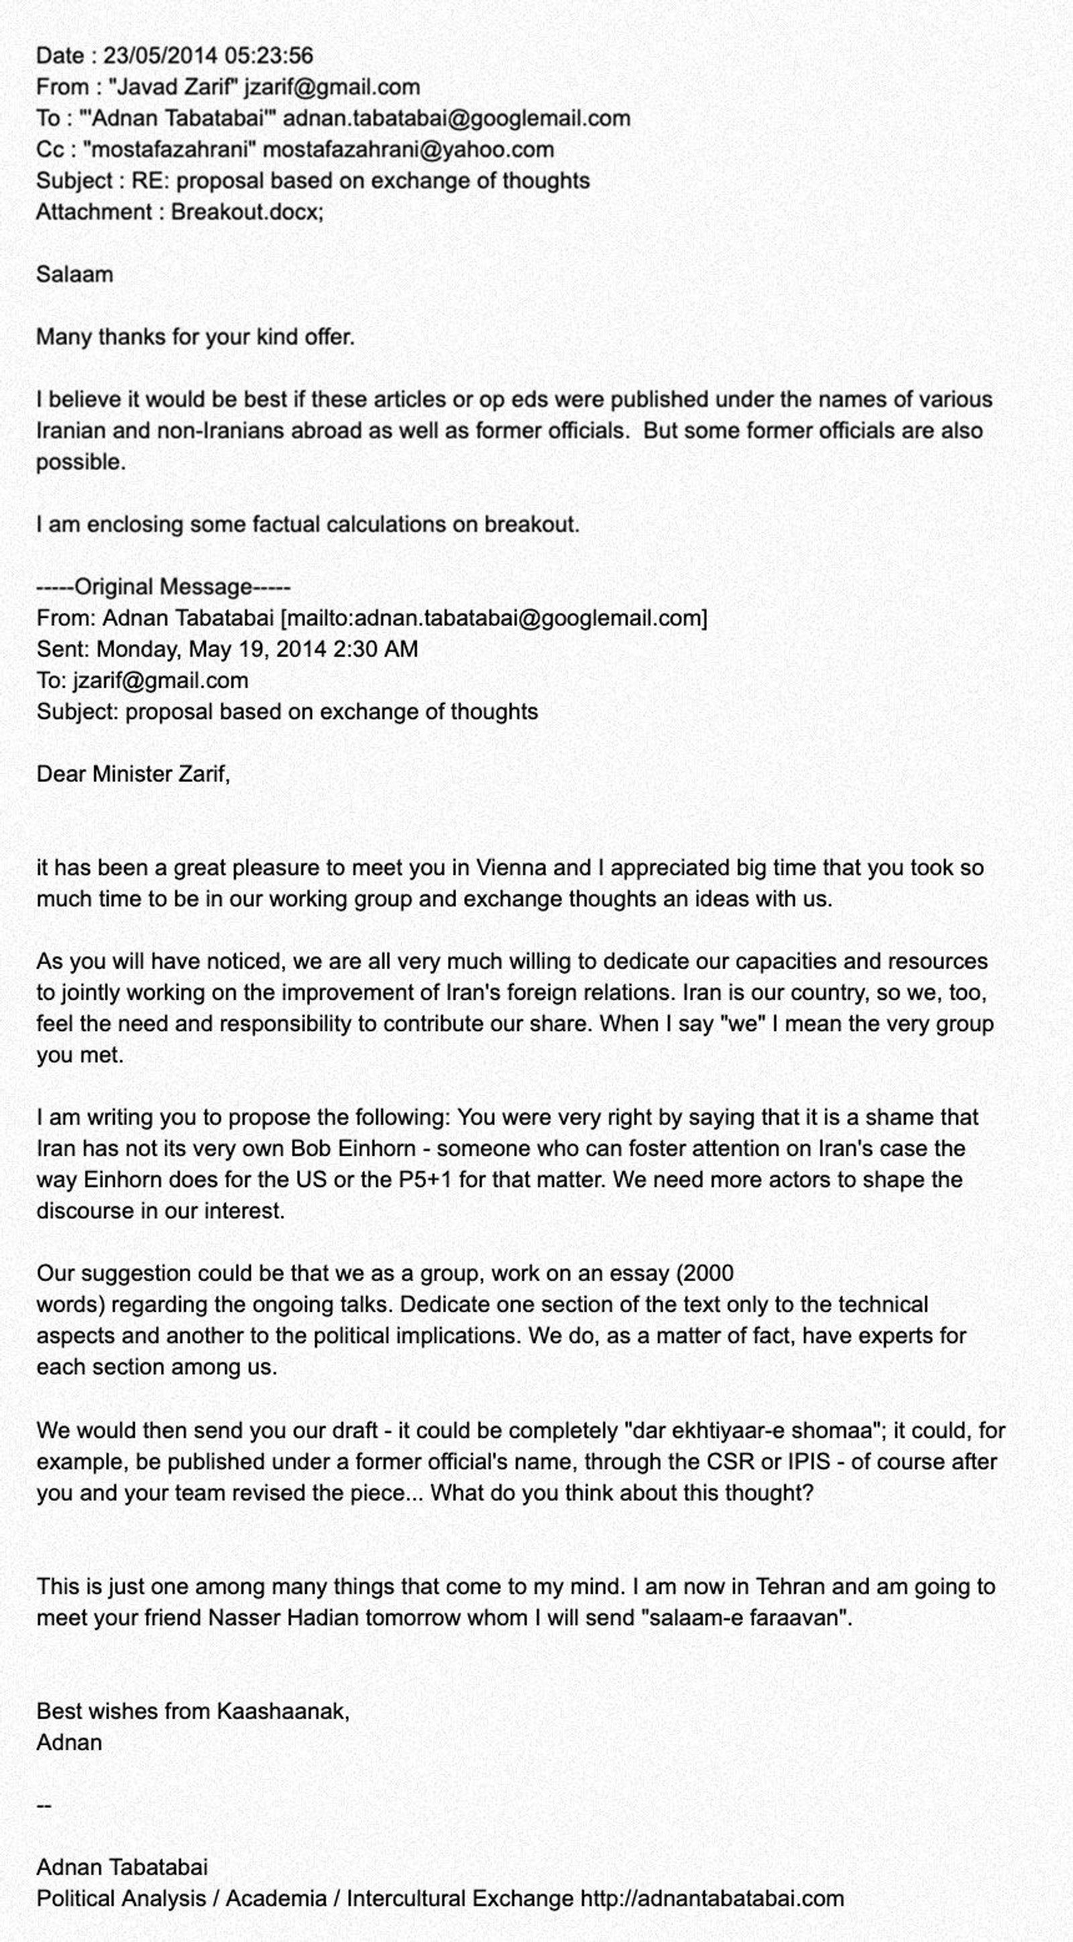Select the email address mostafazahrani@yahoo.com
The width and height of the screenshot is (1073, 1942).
coord(408,150)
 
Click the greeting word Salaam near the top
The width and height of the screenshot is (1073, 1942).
coord(74,274)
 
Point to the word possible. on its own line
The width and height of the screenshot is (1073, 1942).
coord(80,462)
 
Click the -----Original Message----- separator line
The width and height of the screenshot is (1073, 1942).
coord(163,587)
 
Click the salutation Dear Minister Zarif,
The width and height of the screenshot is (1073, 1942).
coord(133,774)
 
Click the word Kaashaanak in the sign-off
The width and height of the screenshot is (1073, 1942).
coord(282,1711)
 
